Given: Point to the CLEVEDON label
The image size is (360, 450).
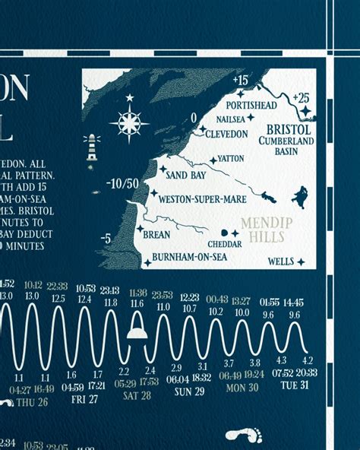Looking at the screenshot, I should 225,134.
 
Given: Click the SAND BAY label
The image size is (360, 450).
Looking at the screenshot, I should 186,174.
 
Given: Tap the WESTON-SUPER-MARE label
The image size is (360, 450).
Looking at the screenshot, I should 201,199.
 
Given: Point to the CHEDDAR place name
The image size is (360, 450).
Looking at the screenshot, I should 225,245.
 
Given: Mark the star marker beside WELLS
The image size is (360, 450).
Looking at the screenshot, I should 300,262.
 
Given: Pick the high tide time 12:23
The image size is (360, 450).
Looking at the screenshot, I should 189,297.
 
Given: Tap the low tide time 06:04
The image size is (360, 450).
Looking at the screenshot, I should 177,379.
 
